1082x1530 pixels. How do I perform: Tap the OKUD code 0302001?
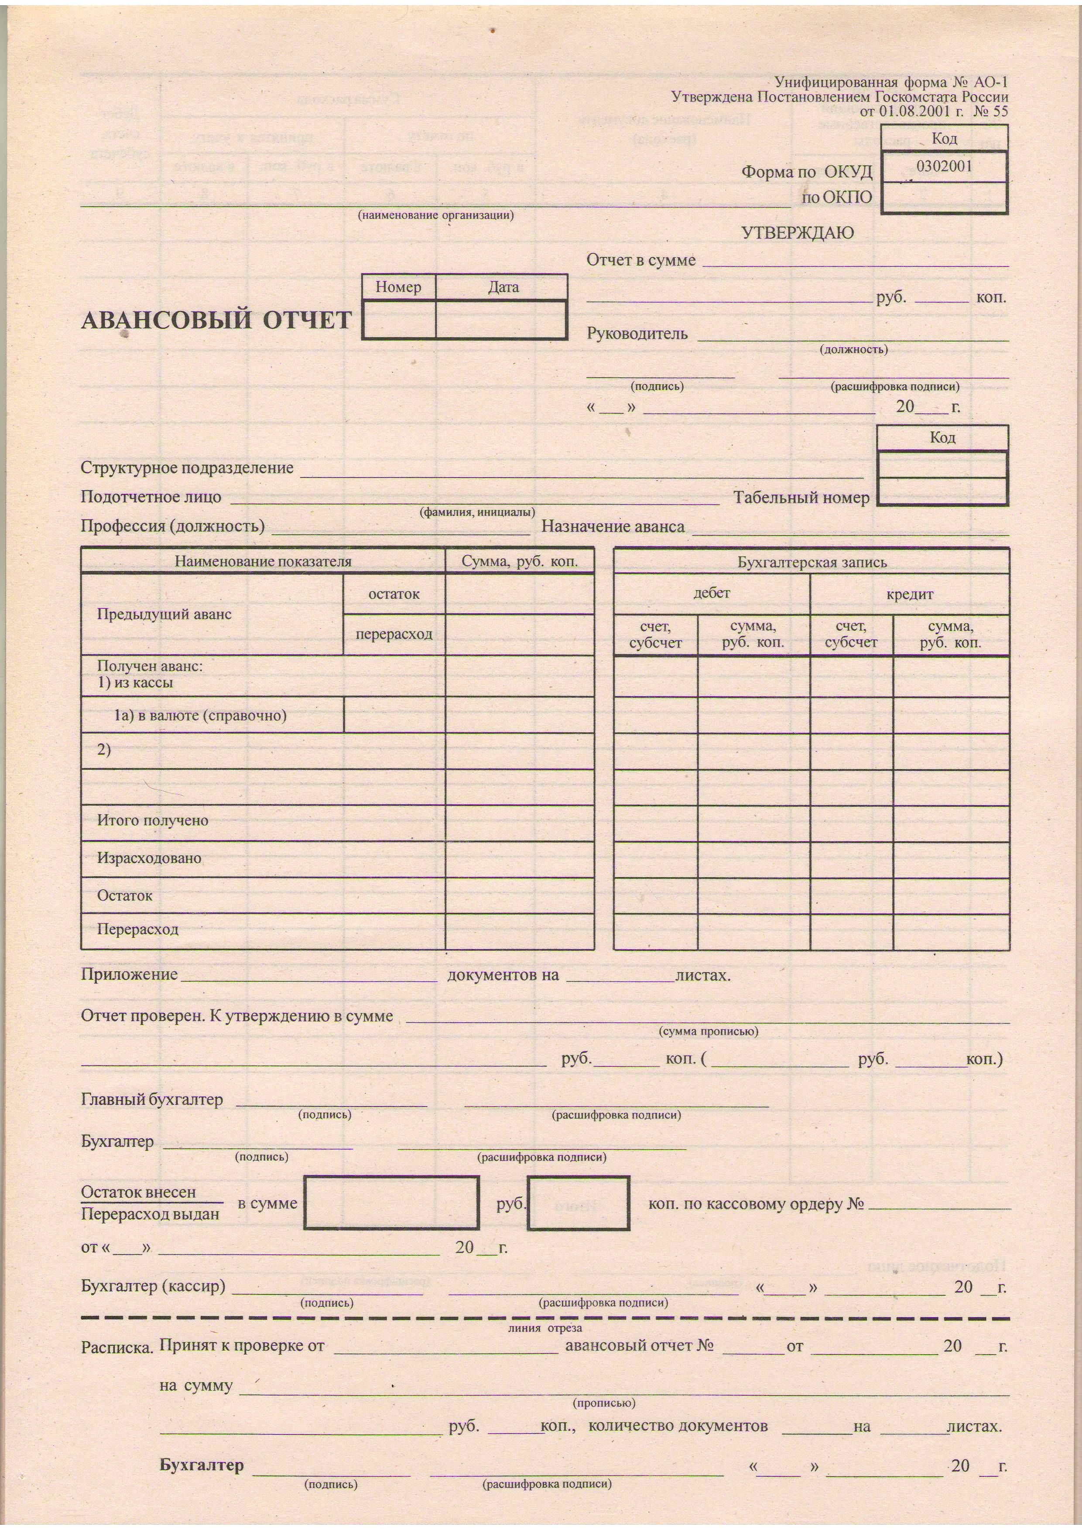(944, 166)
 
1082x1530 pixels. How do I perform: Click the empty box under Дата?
(501, 320)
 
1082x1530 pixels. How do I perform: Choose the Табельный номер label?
(801, 498)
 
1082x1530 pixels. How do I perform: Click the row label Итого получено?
(153, 820)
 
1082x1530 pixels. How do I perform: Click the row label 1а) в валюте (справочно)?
(200, 716)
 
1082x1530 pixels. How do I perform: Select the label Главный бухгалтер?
(152, 1100)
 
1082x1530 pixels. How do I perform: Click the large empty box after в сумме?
(391, 1203)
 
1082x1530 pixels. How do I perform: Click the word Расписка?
(117, 1347)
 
